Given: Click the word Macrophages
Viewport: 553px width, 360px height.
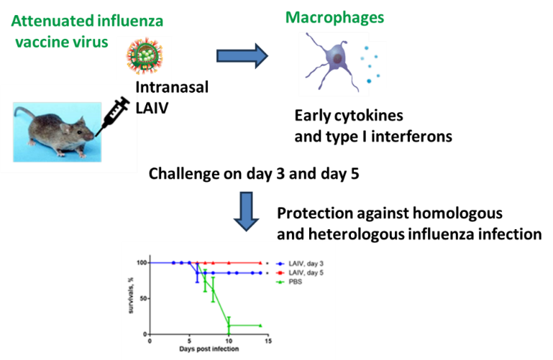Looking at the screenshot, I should click(x=334, y=18).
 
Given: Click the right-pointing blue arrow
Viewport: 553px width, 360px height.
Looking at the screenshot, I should click(x=242, y=57).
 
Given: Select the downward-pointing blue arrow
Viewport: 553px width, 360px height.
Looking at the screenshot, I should click(x=247, y=211).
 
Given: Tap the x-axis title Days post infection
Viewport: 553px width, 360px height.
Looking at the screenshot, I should click(x=209, y=349).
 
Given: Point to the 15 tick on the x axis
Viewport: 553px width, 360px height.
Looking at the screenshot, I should click(x=268, y=341).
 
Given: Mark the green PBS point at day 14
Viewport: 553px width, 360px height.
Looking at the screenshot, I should click(x=260, y=325).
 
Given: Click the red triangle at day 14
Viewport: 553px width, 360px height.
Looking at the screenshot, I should click(x=260, y=263).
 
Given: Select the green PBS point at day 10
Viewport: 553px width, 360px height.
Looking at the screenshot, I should click(x=229, y=326).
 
